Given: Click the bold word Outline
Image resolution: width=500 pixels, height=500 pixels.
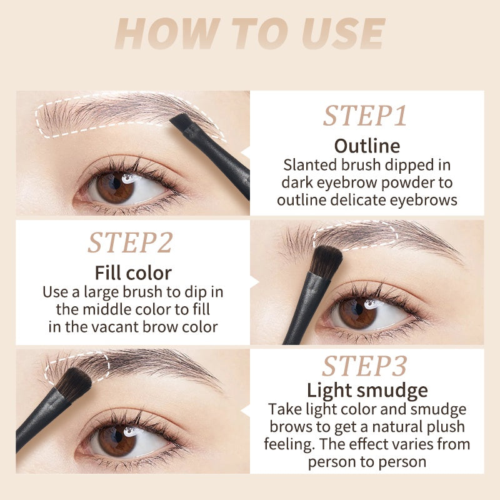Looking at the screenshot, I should (x=367, y=146).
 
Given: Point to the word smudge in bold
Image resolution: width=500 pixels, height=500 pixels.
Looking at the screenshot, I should (x=394, y=391).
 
